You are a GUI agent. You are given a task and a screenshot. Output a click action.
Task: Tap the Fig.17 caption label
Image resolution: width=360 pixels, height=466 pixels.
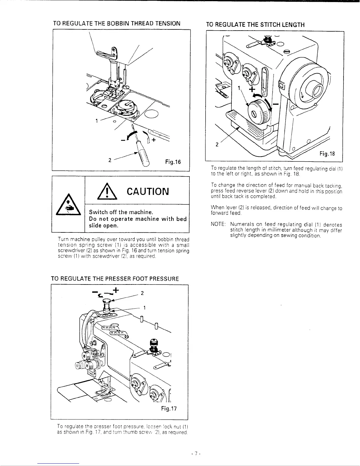click(169, 409)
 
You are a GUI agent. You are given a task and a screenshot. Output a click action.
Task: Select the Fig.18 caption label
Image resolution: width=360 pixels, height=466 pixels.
click(327, 154)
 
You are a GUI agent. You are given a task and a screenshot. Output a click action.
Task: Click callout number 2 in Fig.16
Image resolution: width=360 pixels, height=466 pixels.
click(109, 161)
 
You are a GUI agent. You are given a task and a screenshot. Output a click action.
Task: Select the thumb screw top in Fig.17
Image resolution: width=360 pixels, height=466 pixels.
click(107, 300)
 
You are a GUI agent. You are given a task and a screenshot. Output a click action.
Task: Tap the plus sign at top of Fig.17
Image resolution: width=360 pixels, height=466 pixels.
click(116, 290)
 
